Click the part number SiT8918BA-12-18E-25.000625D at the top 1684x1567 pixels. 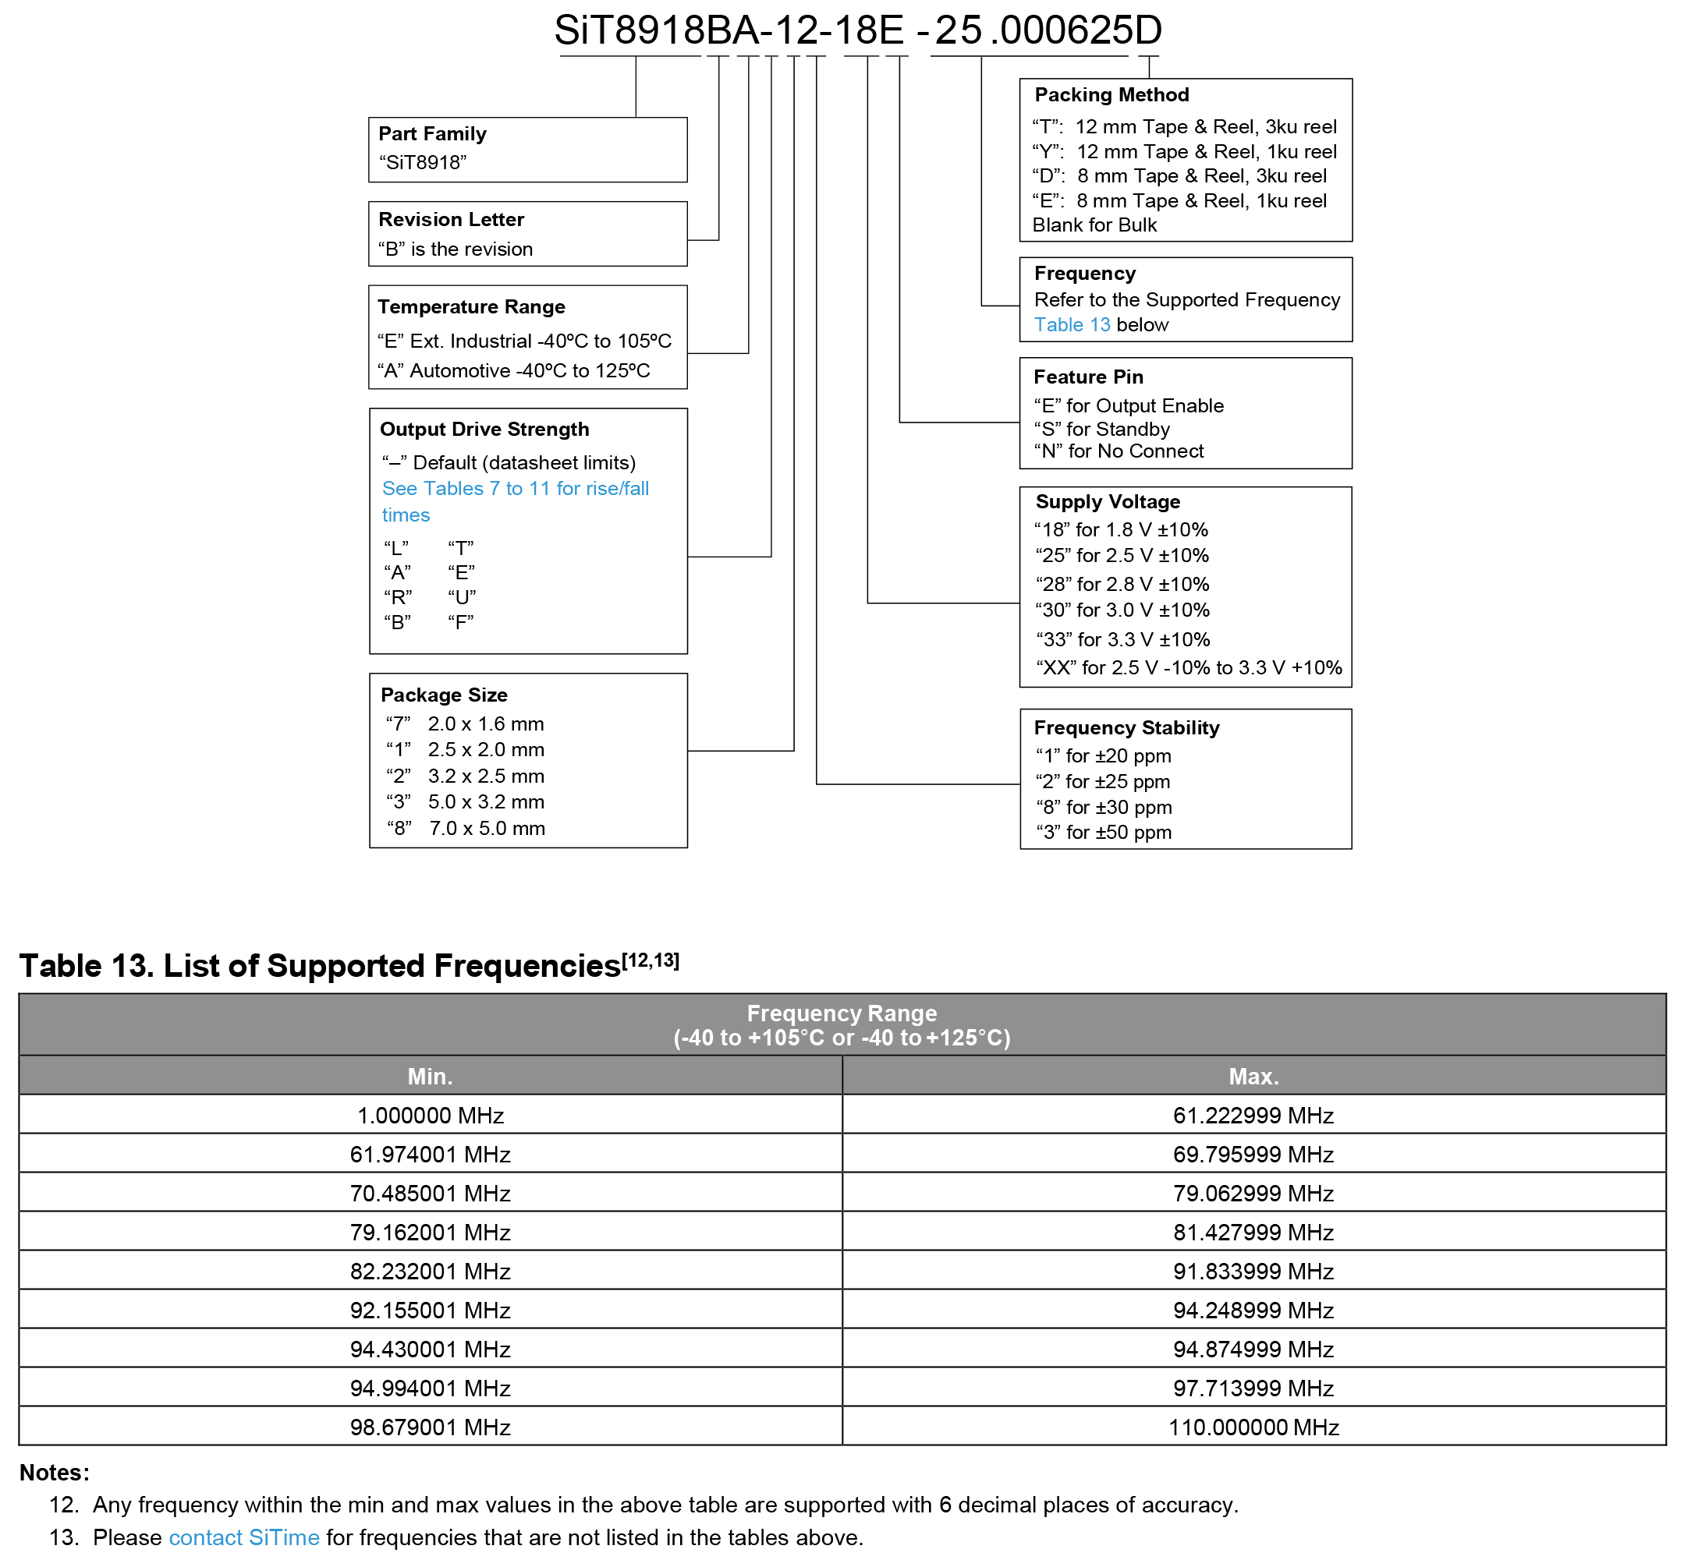857,30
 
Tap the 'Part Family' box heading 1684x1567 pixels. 432,134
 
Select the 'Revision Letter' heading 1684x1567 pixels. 451,219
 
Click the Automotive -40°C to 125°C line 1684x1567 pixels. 513,371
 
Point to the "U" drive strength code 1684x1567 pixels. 462,597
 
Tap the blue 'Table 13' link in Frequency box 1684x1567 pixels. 1072,325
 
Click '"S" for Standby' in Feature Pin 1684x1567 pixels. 1101,430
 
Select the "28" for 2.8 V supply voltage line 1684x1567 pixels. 1122,584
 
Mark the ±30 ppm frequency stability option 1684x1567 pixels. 1104,807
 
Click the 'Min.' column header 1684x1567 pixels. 431,1076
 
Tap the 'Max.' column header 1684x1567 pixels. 1253,1076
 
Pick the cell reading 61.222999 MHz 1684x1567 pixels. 1253,1116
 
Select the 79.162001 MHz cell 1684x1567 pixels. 431,1233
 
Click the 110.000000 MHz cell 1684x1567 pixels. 1253,1427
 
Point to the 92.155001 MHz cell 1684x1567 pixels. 431,1311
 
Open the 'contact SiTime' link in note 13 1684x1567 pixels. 244,1537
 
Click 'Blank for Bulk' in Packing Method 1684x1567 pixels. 1094,225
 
